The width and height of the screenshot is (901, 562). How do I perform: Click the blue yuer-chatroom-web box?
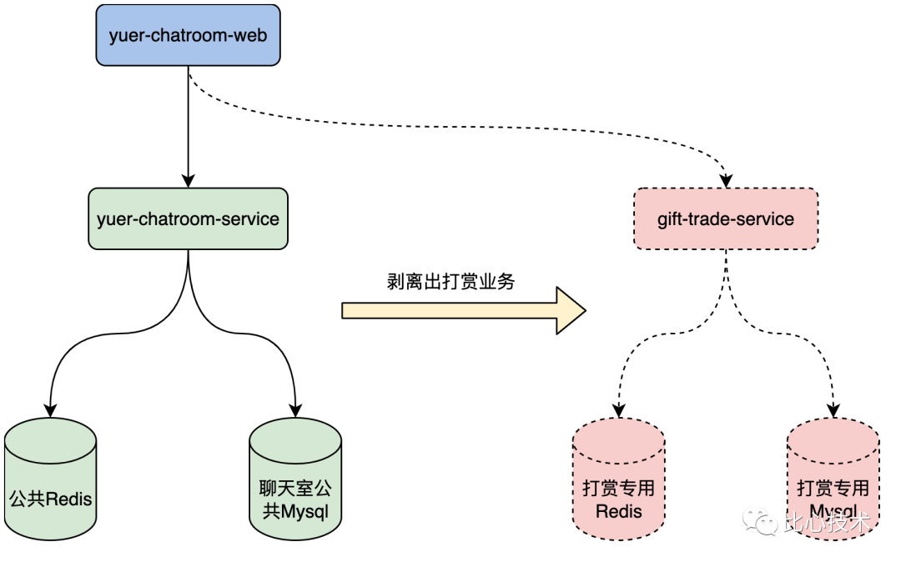(x=188, y=36)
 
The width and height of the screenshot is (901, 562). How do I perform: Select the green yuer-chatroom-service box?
(x=188, y=218)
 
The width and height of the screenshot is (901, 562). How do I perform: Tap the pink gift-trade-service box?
(x=726, y=218)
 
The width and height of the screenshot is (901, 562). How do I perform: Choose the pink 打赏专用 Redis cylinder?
(x=618, y=479)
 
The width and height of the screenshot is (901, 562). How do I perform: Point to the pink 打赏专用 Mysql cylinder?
(x=833, y=479)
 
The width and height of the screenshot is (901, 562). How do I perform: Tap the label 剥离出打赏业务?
(x=451, y=282)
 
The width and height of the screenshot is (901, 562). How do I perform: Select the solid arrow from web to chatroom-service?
(x=188, y=125)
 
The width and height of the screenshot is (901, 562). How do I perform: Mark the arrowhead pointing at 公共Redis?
(x=50, y=409)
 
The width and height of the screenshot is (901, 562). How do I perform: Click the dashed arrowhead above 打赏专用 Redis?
(x=618, y=410)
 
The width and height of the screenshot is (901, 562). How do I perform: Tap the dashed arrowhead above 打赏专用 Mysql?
(x=833, y=410)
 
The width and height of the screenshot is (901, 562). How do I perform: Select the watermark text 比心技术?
(x=826, y=524)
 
